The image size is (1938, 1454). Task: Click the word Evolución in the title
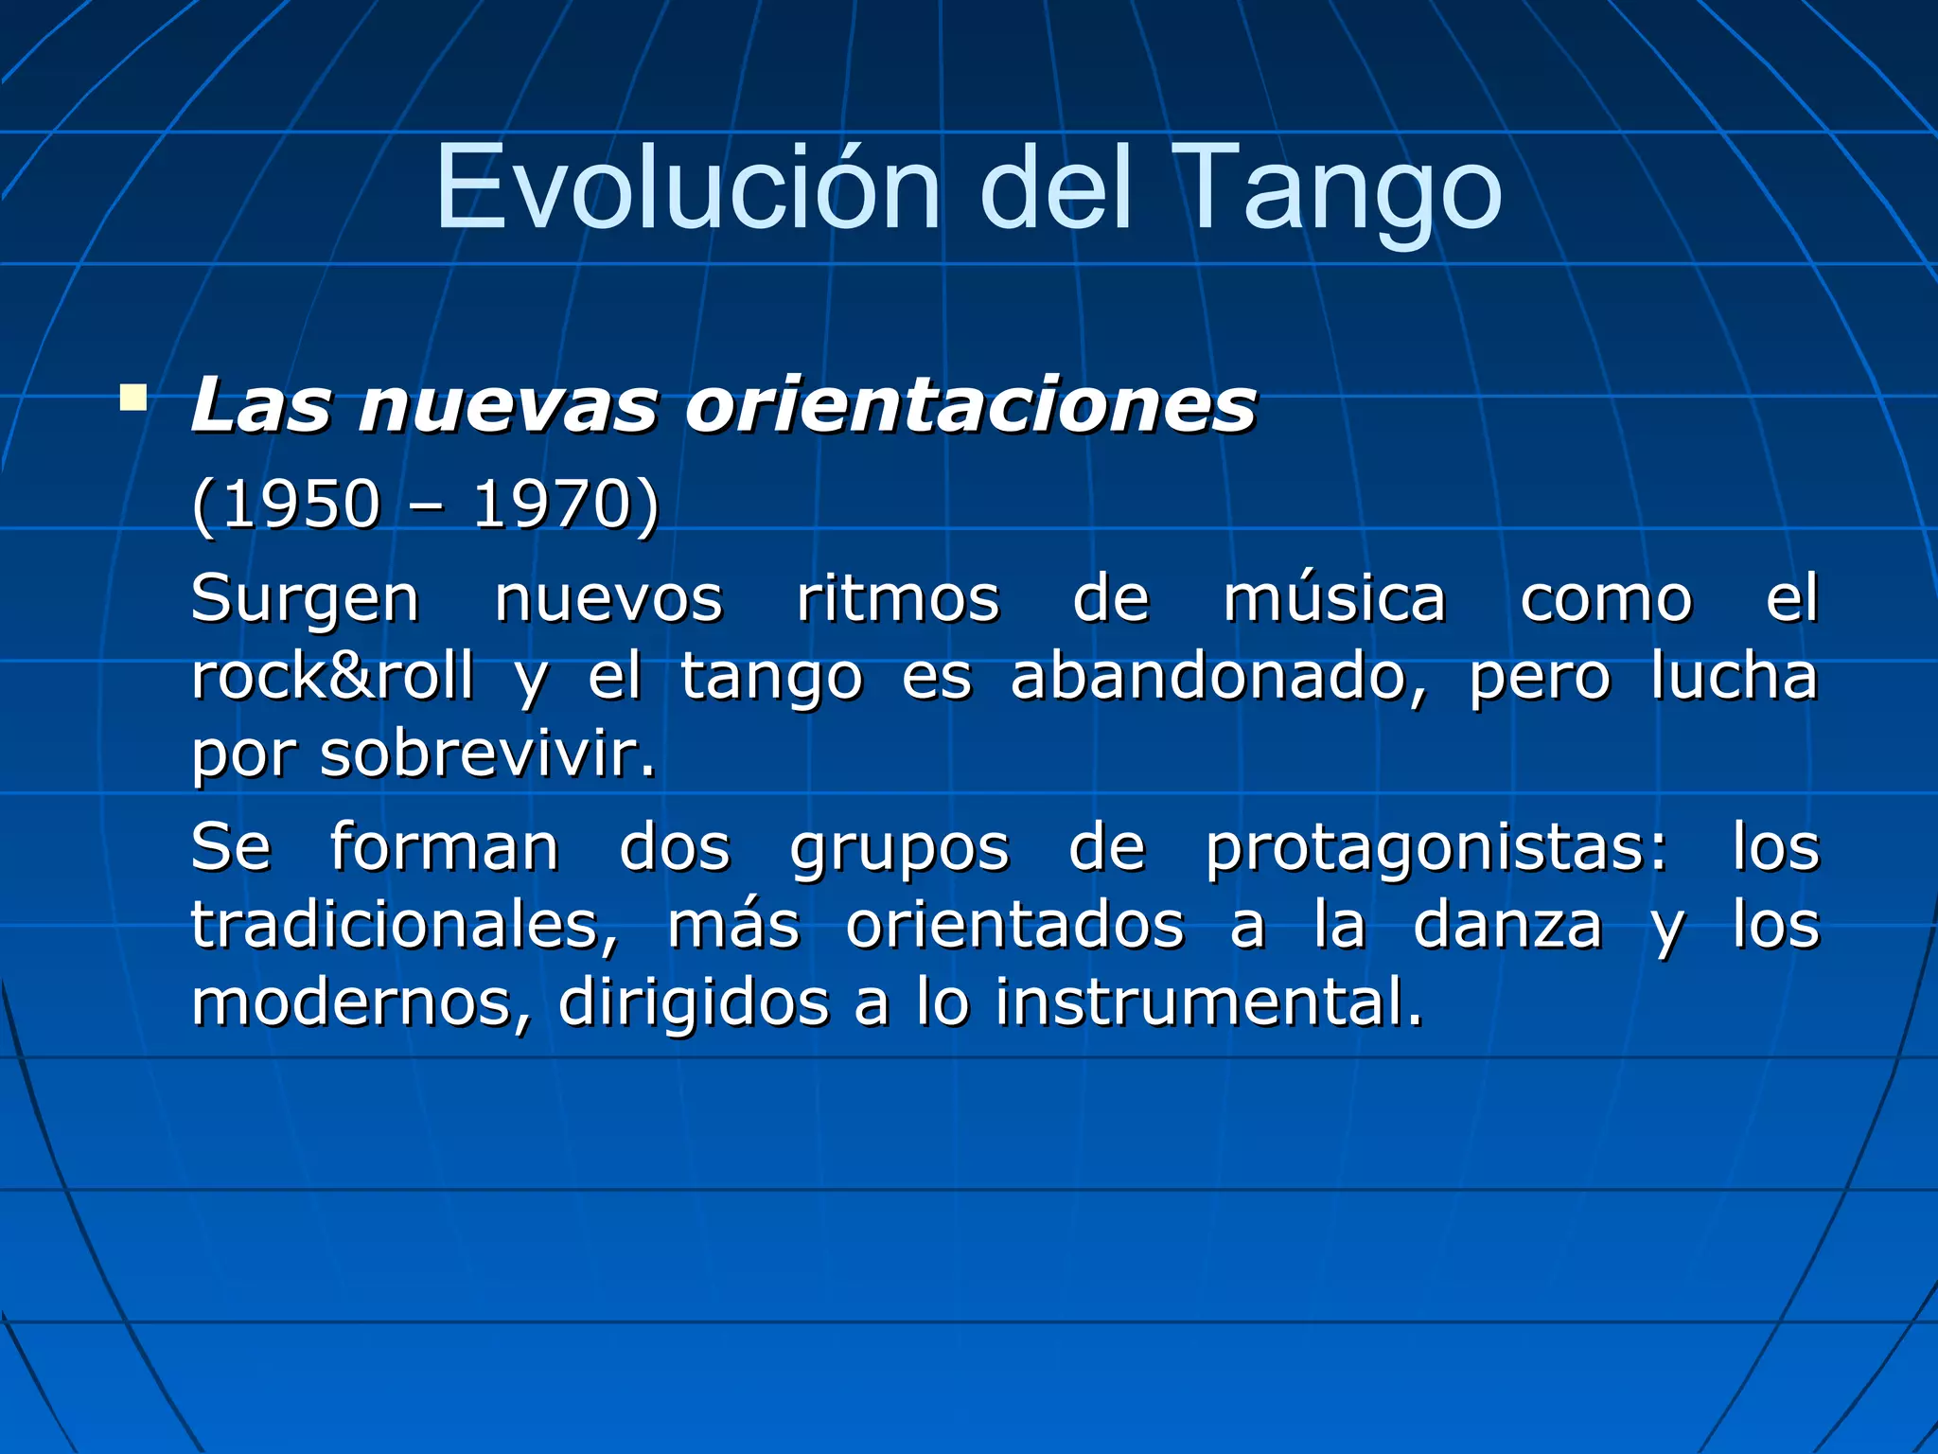click(688, 187)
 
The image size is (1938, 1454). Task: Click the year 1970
click(552, 505)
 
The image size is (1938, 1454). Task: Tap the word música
click(1334, 599)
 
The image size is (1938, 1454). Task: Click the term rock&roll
click(332, 677)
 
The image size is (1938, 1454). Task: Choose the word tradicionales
click(404, 925)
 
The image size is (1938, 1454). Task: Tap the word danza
click(1507, 925)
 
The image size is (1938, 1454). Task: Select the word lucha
click(1734, 677)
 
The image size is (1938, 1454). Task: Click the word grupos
click(900, 848)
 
